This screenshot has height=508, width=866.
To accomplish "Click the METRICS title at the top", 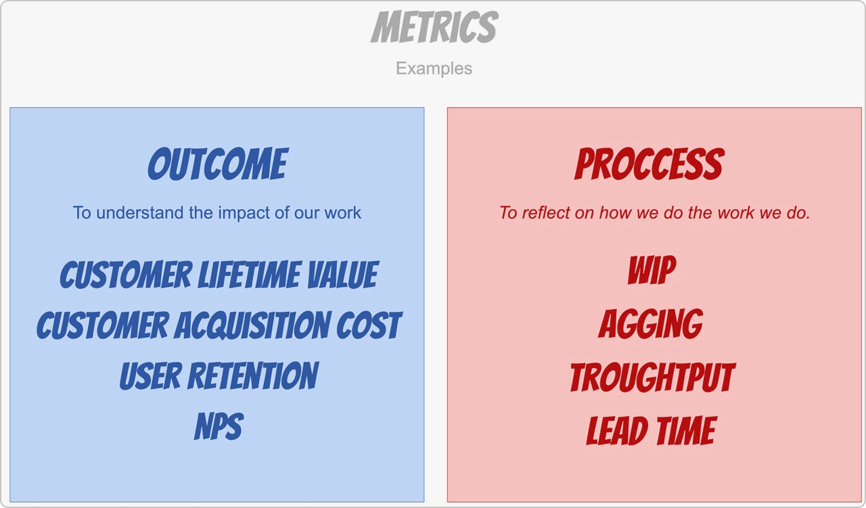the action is pyautogui.click(x=434, y=26).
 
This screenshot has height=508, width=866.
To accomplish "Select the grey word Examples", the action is pyautogui.click(x=434, y=69).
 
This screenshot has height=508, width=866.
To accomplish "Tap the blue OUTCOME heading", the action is pyautogui.click(x=218, y=164).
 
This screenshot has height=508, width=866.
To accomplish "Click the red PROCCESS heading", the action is pyautogui.click(x=649, y=164).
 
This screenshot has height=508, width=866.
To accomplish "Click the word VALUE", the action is pyautogui.click(x=343, y=275).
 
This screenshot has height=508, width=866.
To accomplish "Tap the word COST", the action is pyautogui.click(x=369, y=325).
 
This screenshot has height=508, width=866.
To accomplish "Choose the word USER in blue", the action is pyautogui.click(x=150, y=375).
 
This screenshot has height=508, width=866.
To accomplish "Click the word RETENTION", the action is pyautogui.click(x=253, y=375).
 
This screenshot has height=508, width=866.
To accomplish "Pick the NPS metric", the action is pyautogui.click(x=219, y=426).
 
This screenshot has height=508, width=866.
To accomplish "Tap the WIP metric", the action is pyautogui.click(x=652, y=270).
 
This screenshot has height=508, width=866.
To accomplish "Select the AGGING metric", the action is pyautogui.click(x=651, y=323).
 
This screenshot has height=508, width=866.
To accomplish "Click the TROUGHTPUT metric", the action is pyautogui.click(x=653, y=377).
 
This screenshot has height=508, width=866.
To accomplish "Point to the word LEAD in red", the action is pyautogui.click(x=618, y=431).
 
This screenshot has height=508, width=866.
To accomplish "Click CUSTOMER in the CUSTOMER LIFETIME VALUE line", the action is pyautogui.click(x=126, y=275).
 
